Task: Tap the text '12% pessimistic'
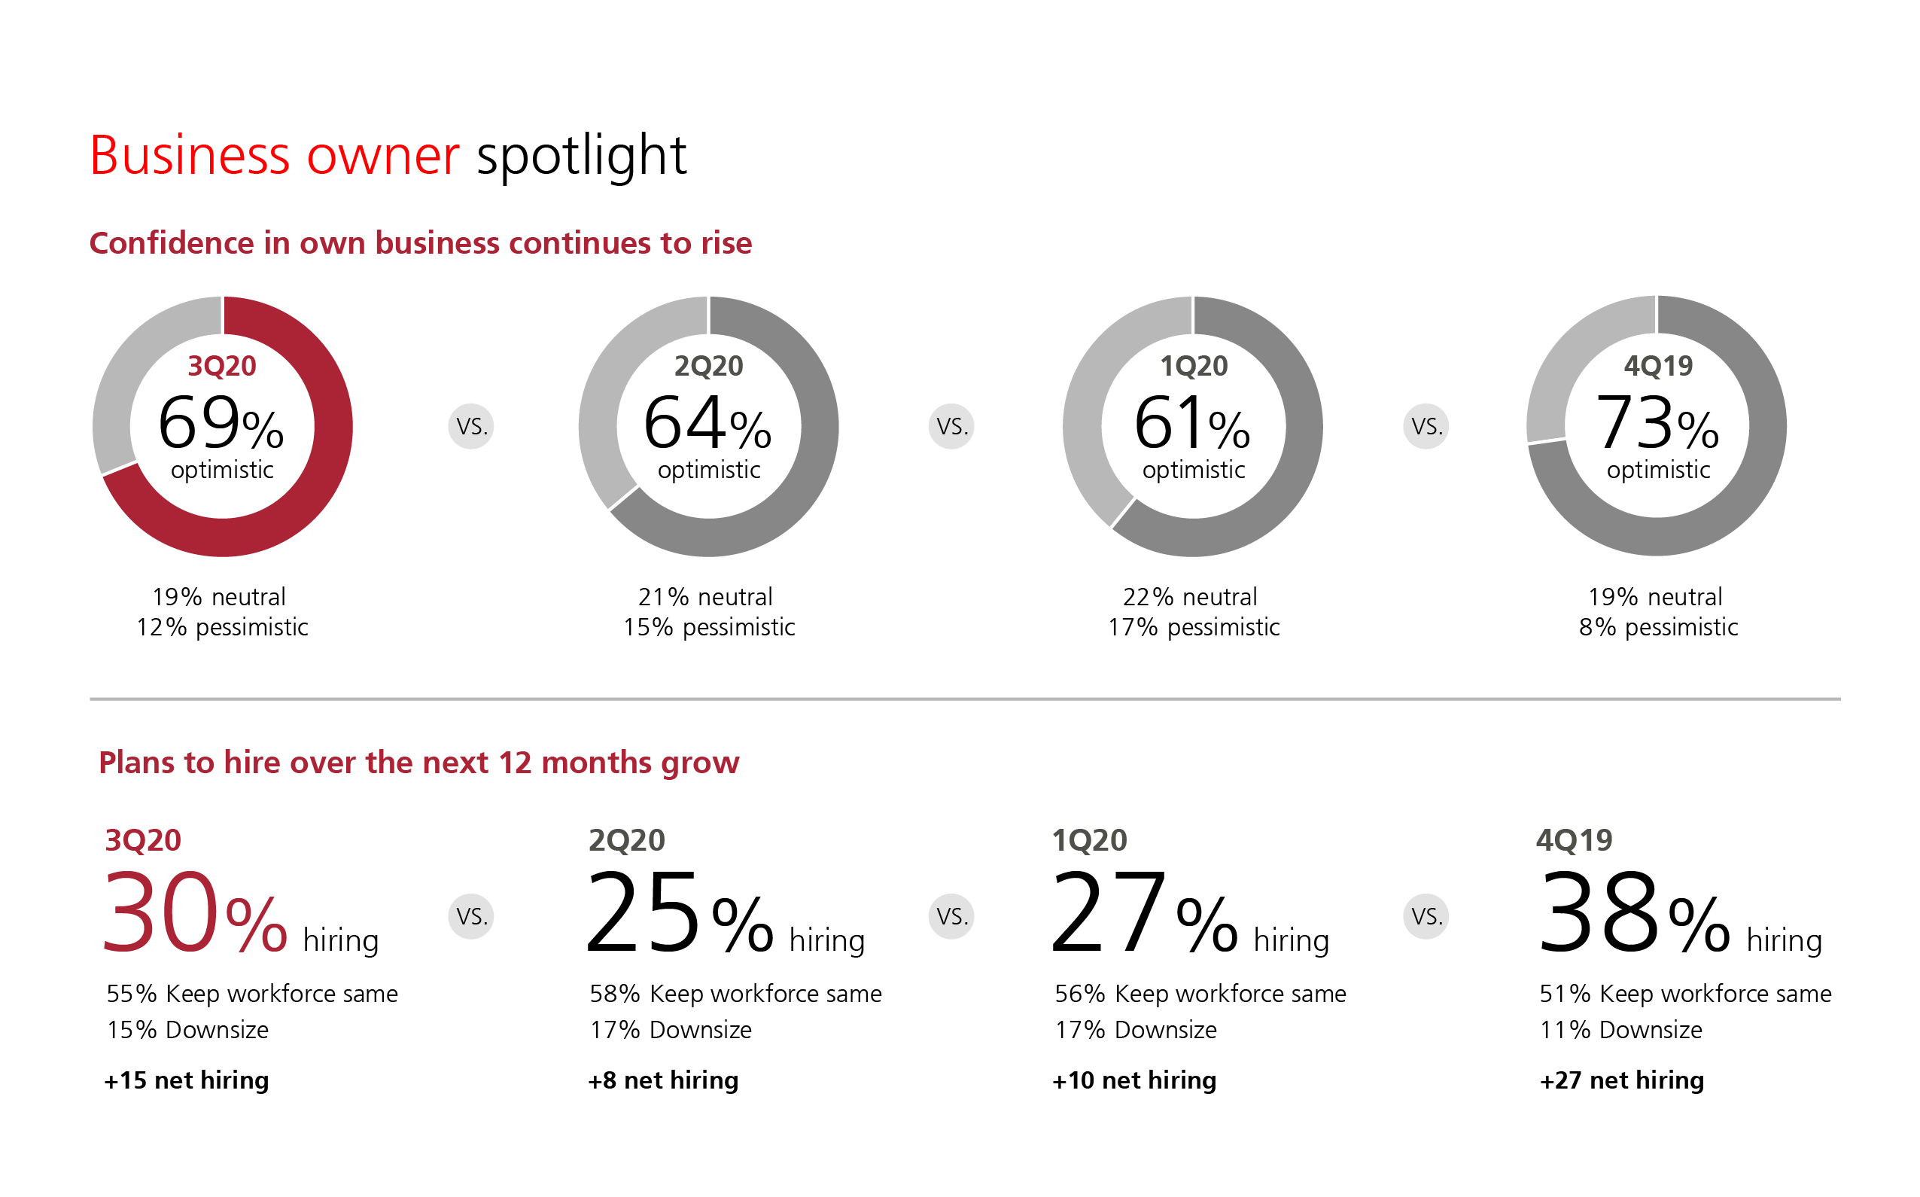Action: (222, 627)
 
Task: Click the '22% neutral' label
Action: (1190, 597)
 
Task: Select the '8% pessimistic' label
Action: (1659, 627)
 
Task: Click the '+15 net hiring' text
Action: (187, 1080)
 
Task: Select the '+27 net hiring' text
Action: (1623, 1080)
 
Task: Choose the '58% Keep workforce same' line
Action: (736, 994)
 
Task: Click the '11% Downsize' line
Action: (1621, 1030)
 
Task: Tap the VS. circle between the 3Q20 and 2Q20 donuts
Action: (472, 427)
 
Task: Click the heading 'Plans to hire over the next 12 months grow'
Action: (418, 763)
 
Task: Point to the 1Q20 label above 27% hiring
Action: (1090, 840)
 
